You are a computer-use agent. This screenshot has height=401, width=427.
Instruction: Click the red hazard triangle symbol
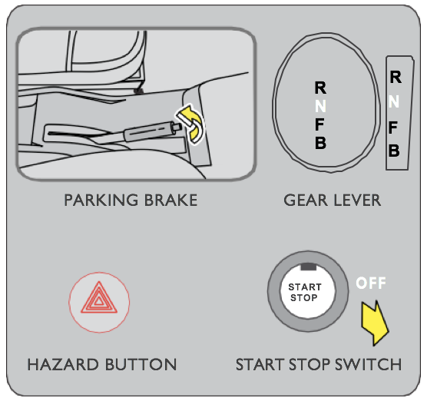[x=99, y=299]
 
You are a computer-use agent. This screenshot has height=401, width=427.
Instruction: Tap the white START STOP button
[x=308, y=291]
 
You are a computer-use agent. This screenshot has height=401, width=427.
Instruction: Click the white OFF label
[x=371, y=283]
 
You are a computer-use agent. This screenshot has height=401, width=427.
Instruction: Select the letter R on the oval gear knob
[x=320, y=88]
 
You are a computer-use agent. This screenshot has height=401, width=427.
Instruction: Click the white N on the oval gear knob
[x=320, y=106]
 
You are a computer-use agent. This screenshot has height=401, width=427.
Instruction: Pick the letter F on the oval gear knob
[x=319, y=124]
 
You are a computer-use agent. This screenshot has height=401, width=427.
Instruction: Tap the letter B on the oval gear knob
[x=320, y=142]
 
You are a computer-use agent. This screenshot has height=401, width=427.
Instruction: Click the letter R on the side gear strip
[x=396, y=77]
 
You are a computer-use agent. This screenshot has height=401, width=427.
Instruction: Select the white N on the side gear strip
[x=394, y=101]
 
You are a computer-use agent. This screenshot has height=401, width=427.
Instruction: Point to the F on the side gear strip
[x=392, y=128]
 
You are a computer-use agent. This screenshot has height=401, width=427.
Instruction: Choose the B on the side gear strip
[x=394, y=151]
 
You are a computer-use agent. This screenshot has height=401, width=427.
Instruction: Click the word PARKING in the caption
[x=101, y=200]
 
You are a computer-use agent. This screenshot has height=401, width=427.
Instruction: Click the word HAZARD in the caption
[x=63, y=364]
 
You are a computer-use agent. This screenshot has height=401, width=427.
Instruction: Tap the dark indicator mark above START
[x=308, y=267]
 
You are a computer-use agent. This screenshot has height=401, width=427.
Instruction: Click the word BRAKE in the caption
[x=170, y=200]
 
